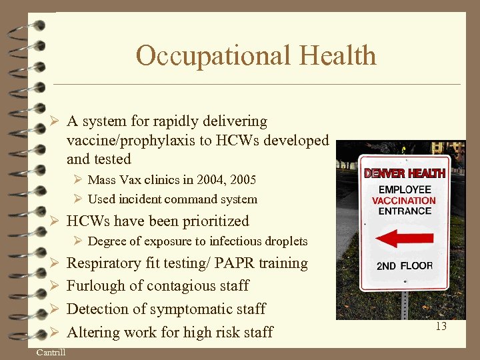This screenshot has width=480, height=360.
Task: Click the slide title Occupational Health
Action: point(256,55)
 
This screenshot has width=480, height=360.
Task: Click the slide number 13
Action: point(441,327)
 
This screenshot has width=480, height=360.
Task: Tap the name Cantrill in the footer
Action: point(51,352)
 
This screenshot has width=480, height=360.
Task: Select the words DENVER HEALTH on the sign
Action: point(404,173)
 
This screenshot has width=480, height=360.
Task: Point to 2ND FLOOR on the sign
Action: point(404,265)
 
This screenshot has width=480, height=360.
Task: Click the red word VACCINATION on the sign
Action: point(404,200)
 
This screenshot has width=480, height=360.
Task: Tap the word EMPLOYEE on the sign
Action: point(404,189)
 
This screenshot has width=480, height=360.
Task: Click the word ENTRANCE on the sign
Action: point(404,211)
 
